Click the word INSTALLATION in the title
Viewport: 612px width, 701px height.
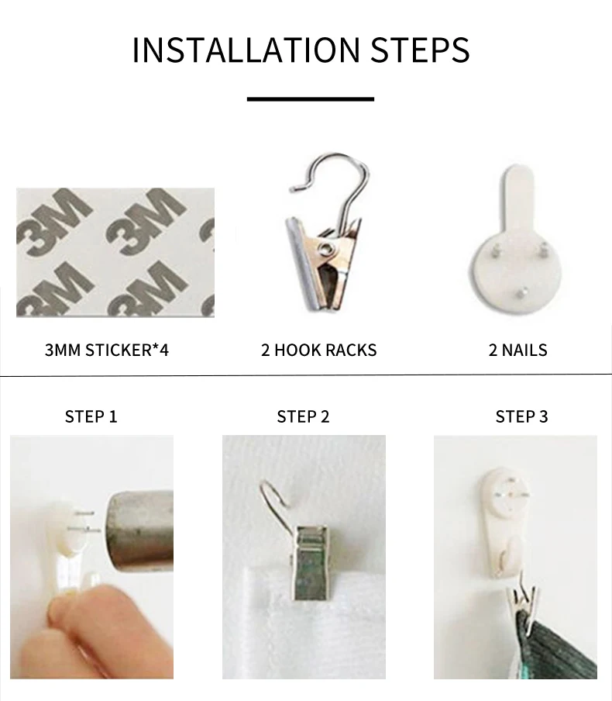(x=246, y=49)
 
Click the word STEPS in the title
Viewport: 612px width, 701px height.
(x=420, y=49)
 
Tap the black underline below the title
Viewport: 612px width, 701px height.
(x=311, y=98)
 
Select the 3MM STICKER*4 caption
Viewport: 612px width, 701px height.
(x=107, y=350)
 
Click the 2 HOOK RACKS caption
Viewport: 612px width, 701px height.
(x=319, y=350)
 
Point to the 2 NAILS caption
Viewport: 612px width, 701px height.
(x=517, y=350)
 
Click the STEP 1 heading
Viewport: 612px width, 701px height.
(x=91, y=416)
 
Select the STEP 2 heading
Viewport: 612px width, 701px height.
(x=304, y=416)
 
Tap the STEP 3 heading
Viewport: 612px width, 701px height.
(x=522, y=416)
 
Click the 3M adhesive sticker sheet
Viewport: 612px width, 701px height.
(x=115, y=253)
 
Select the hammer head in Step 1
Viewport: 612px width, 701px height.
(x=141, y=531)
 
